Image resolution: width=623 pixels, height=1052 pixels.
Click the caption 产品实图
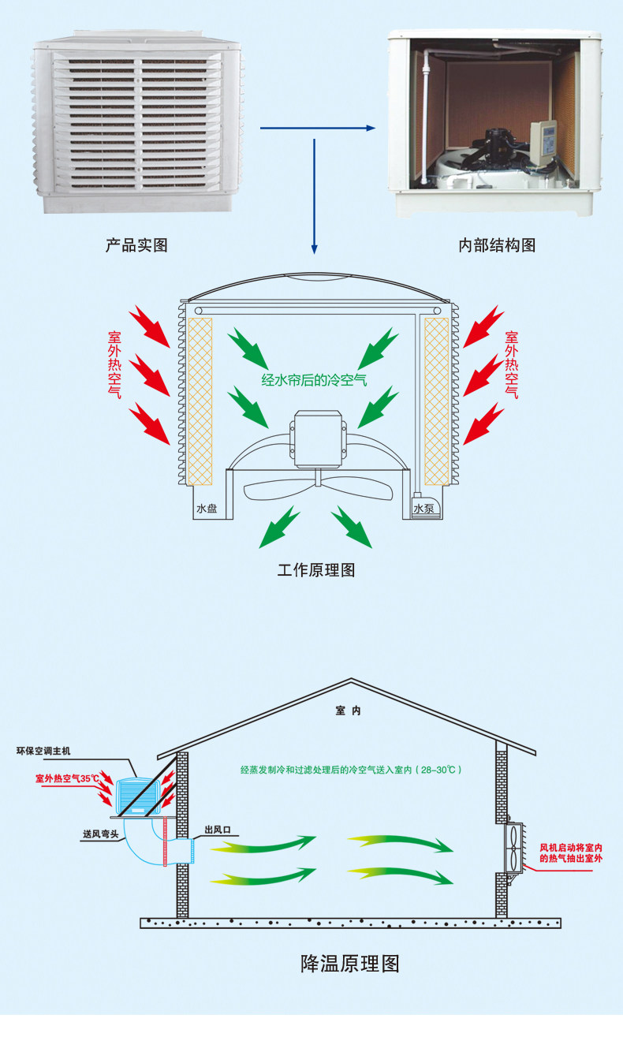(x=136, y=245)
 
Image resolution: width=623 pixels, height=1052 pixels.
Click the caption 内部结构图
(x=497, y=245)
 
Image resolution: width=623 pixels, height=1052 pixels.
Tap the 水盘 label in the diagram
(x=206, y=509)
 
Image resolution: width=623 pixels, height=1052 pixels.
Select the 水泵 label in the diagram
(x=423, y=509)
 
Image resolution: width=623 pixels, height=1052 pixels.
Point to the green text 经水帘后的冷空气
(x=315, y=380)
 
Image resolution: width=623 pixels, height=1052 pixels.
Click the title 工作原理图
(x=315, y=569)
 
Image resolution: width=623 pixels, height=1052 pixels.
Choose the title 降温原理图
(x=350, y=963)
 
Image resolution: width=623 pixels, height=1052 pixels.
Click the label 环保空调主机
(x=43, y=751)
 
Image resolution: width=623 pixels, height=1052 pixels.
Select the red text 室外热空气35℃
(x=68, y=778)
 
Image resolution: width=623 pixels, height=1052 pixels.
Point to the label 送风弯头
(x=100, y=834)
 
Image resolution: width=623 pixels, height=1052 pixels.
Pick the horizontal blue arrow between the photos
(x=318, y=127)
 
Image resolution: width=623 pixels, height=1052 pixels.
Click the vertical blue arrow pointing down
(x=315, y=197)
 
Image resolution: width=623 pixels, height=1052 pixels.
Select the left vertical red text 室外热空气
(x=115, y=364)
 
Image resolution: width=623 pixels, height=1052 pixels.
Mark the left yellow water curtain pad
(x=201, y=401)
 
